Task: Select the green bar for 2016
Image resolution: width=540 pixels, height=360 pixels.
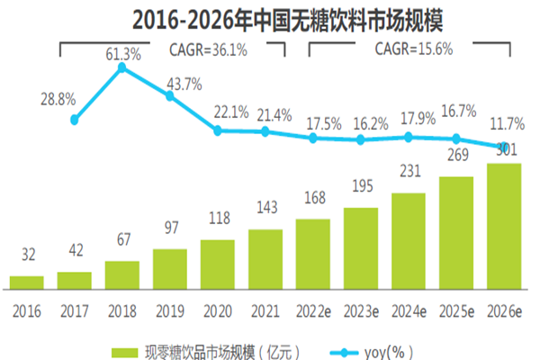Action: point(27,283)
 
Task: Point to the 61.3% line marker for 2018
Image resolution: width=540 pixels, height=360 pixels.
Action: point(122,67)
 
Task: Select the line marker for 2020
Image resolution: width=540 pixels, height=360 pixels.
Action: point(218,130)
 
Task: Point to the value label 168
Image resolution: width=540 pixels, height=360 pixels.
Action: point(312,206)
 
